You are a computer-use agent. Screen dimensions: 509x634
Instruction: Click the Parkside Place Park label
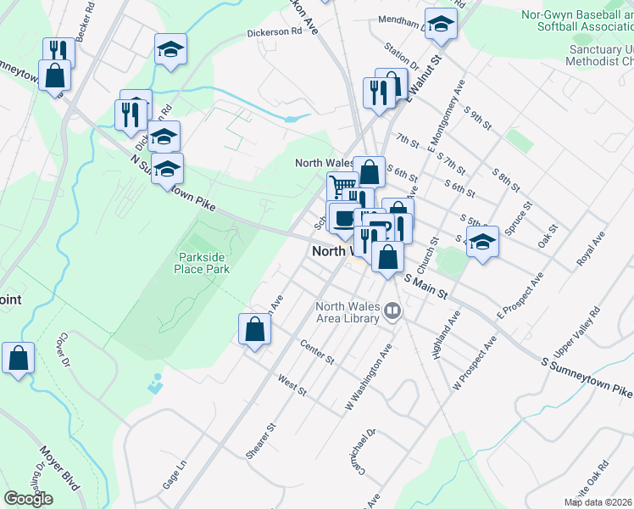tap(203, 263)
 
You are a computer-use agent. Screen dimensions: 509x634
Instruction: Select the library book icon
tap(392, 311)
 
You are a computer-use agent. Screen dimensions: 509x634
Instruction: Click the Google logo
tap(28, 499)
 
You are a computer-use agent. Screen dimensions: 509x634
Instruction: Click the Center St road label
tap(318, 350)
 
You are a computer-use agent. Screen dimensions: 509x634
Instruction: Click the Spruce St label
tap(517, 219)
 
